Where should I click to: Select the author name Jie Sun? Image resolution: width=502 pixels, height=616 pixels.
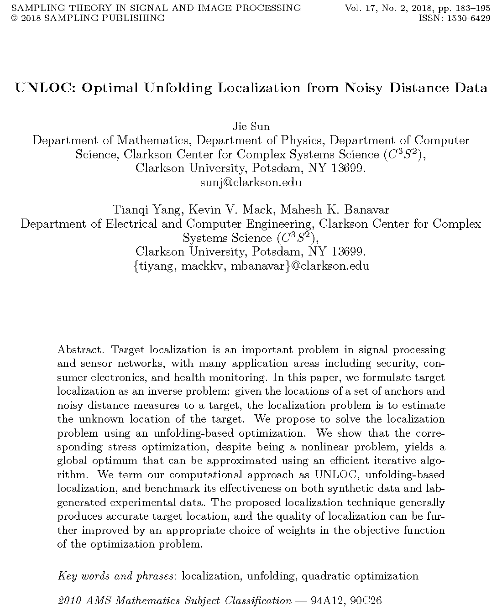251,126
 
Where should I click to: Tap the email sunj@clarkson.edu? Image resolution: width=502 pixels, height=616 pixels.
251,183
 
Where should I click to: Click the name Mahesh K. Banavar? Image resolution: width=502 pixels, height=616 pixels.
335,210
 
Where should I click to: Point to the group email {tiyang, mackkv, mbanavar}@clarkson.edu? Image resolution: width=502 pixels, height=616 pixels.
251,266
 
